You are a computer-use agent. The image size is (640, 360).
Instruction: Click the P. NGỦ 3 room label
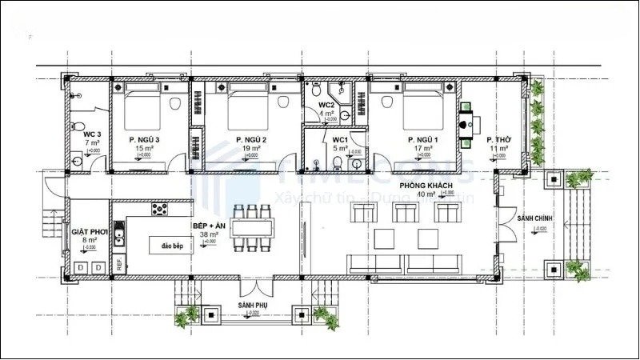[145, 139]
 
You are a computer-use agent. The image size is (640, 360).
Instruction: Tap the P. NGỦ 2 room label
[247, 139]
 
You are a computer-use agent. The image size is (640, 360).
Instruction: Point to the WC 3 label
[82, 125]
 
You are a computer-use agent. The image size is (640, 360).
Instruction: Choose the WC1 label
[341, 139]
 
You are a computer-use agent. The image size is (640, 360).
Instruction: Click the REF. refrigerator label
[118, 262]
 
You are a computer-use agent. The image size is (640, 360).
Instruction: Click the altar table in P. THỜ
[466, 124]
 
